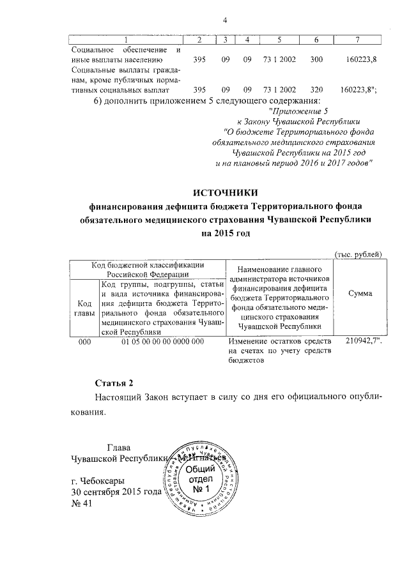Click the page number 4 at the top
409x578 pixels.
224,19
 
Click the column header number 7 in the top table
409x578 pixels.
357,42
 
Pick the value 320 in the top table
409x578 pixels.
315,89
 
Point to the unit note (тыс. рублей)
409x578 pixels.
359,255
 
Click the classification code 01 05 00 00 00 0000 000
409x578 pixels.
162,341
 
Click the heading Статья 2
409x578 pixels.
113,383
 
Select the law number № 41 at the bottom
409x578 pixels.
82,503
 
